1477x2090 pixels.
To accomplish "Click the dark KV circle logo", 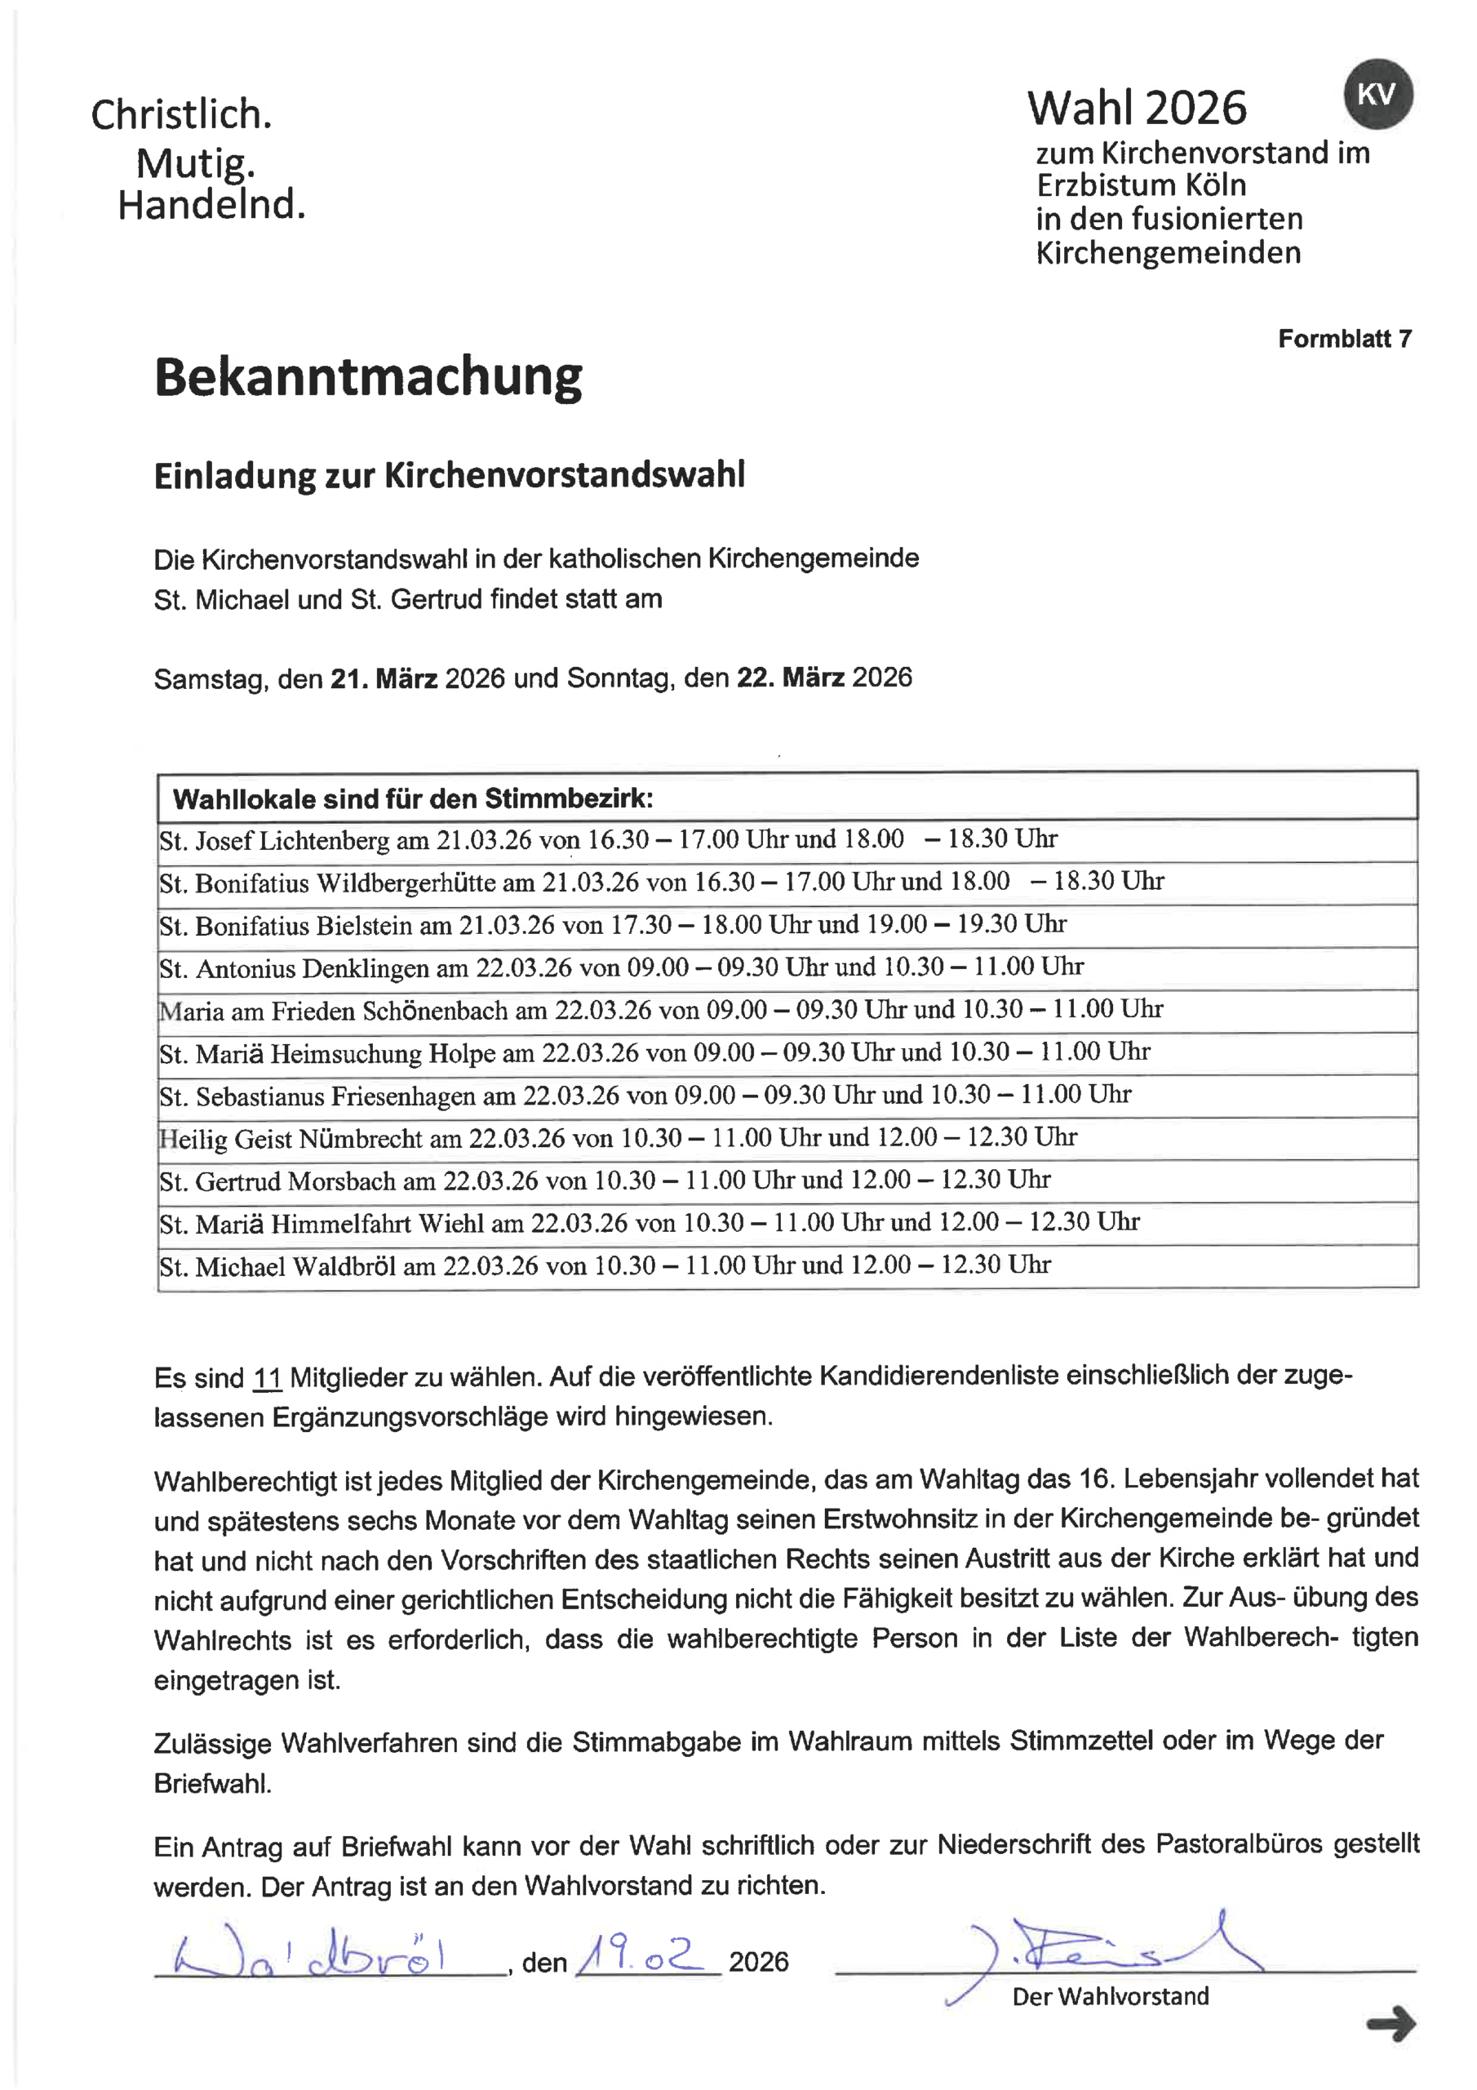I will [1377, 95].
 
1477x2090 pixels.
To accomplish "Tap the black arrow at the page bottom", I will [1391, 2024].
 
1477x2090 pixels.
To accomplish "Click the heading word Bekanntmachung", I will [368, 377].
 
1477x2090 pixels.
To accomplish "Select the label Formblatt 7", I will [1344, 340].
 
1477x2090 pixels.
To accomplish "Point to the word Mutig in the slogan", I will [195, 164].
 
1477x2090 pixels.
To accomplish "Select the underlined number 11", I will [267, 1378].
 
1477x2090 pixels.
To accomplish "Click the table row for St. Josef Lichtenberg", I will [608, 839].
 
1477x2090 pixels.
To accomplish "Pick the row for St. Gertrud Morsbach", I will [605, 1181].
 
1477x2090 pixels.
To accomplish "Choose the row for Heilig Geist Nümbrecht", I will [617, 1138].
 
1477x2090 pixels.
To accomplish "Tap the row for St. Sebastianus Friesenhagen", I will [645, 1095].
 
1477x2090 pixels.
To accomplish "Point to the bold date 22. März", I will [790, 678].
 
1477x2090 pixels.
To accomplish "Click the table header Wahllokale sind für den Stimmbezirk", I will [413, 799].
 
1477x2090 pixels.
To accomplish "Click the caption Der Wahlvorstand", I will [1111, 1996].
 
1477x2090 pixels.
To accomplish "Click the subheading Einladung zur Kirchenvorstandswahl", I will [449, 476].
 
